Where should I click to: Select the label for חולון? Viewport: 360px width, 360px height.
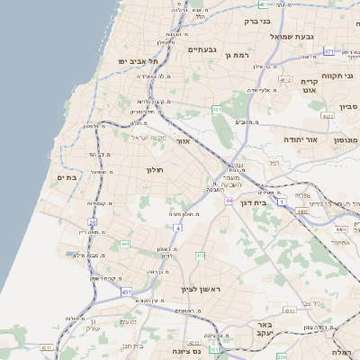pos(151,168)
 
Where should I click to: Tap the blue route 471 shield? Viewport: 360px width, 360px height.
pos(329,51)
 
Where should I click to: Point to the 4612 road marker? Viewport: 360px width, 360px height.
pos(285,81)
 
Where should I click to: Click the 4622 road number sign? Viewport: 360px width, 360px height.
pos(327,116)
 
